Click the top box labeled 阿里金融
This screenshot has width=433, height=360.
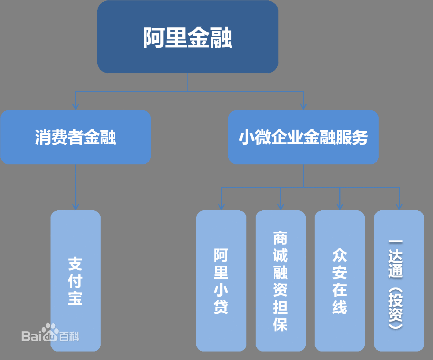pyautogui.click(x=188, y=37)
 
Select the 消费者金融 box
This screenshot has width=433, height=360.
pyautogui.click(x=76, y=137)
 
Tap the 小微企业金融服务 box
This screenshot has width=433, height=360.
pyautogui.click(x=303, y=137)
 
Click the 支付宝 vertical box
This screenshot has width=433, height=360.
pyautogui.click(x=76, y=281)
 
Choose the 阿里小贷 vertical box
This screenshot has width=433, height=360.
pyautogui.click(x=221, y=281)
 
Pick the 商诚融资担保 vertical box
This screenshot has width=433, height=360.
pyautogui.click(x=281, y=281)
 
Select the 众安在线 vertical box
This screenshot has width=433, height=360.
pyautogui.click(x=340, y=281)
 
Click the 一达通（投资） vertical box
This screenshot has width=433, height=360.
pyautogui.click(x=399, y=281)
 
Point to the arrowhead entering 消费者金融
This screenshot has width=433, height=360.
pyautogui.click(x=76, y=106)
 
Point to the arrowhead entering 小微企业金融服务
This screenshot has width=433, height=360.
pyautogui.click(x=303, y=106)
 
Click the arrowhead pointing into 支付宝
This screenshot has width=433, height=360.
pyautogui.click(x=76, y=206)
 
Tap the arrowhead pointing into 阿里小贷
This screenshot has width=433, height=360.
pyautogui.click(x=221, y=206)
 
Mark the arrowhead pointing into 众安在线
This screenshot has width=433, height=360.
pyautogui.click(x=340, y=206)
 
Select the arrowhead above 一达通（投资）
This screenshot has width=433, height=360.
pyautogui.click(x=399, y=206)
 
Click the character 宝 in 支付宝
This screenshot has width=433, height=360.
pyautogui.click(x=75, y=298)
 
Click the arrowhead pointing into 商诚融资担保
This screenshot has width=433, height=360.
pyautogui.click(x=281, y=206)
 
